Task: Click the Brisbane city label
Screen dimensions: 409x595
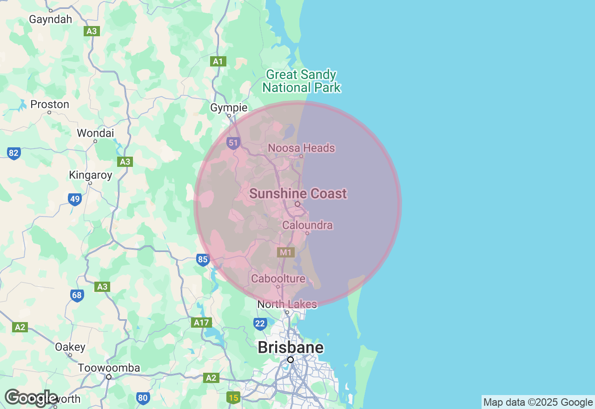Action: click(x=291, y=347)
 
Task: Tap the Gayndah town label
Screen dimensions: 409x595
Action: click(x=51, y=20)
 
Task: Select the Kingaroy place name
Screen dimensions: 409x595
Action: click(x=91, y=175)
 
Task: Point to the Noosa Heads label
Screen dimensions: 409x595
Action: click(x=301, y=148)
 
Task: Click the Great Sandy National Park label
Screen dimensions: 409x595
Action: click(x=301, y=81)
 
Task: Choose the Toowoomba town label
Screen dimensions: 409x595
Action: click(x=109, y=368)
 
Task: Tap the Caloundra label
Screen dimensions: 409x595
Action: click(x=308, y=225)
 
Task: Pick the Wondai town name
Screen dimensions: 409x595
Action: click(x=95, y=133)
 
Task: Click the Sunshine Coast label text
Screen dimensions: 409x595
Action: click(x=298, y=194)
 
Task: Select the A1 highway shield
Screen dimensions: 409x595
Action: click(x=218, y=61)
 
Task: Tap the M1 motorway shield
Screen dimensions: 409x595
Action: click(x=286, y=252)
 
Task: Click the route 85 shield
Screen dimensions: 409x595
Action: click(x=203, y=259)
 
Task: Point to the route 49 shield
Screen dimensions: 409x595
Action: click(x=75, y=199)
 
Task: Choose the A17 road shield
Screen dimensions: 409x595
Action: click(x=202, y=323)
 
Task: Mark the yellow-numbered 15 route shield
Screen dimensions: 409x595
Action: click(x=233, y=397)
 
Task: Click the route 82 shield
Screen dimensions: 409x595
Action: click(x=14, y=153)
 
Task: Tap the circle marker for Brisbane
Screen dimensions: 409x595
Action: click(x=291, y=360)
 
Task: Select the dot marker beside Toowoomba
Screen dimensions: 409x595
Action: click(x=109, y=377)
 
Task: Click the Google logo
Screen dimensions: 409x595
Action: click(x=31, y=398)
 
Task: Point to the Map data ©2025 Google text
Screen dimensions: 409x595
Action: click(x=538, y=402)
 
